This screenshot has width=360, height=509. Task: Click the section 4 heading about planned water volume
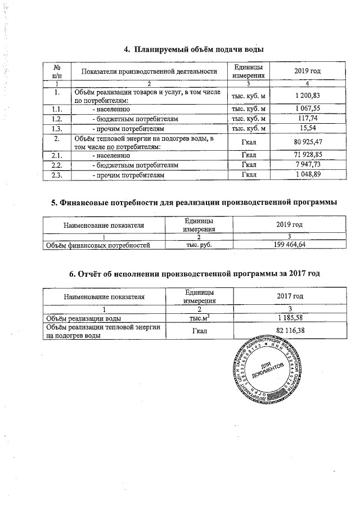click(x=193, y=49)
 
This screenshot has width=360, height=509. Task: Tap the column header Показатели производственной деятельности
click(x=149, y=71)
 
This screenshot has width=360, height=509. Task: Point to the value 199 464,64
click(x=289, y=245)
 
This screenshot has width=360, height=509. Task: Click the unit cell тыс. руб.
click(x=196, y=245)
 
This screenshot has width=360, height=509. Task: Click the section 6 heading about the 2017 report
click(x=193, y=274)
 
